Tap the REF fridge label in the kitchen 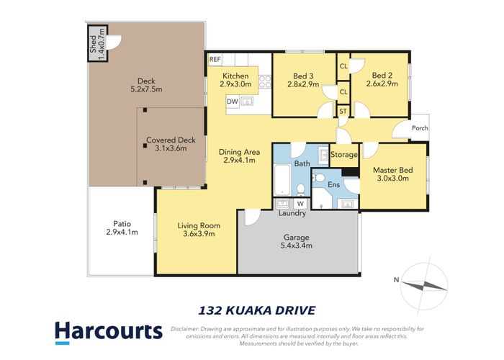pyautogui.click(x=215, y=60)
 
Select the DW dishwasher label pyautogui.click(x=232, y=102)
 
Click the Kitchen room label pyautogui.click(x=235, y=76)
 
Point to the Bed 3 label pyautogui.click(x=302, y=76)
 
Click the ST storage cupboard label pyautogui.click(x=343, y=111)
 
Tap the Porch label pyautogui.click(x=419, y=128)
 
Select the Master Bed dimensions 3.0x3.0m pyautogui.click(x=391, y=179)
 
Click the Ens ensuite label pyautogui.click(x=333, y=184)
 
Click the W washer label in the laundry pyautogui.click(x=300, y=204)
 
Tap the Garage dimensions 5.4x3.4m pyautogui.click(x=297, y=245)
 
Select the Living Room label pyautogui.click(x=199, y=225)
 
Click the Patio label pyautogui.click(x=121, y=222)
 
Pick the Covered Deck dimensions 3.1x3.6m pyautogui.click(x=171, y=149)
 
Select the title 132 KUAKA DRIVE pyautogui.click(x=256, y=310)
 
